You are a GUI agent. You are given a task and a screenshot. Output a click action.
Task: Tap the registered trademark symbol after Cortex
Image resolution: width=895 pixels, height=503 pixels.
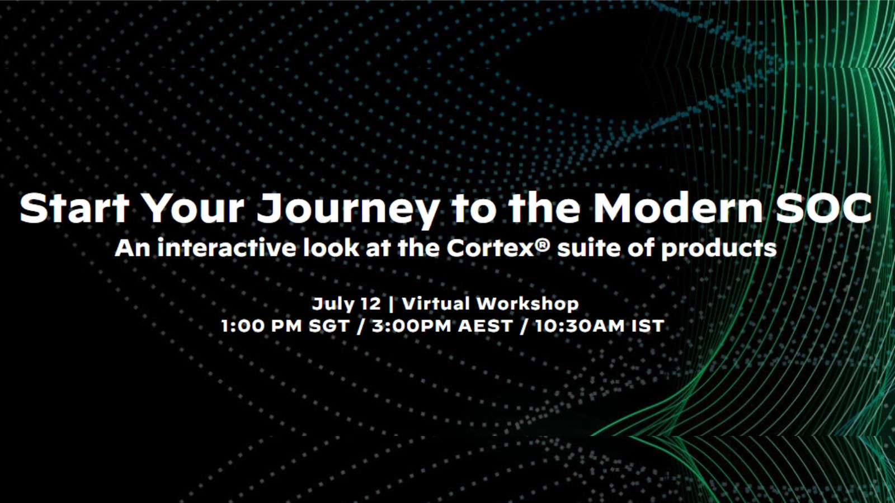(543, 244)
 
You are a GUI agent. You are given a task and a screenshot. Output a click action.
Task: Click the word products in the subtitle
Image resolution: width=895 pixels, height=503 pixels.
(719, 249)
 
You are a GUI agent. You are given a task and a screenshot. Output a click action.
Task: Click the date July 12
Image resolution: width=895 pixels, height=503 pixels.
(346, 304)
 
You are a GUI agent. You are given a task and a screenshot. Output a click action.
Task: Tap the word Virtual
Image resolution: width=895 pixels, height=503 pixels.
(436, 304)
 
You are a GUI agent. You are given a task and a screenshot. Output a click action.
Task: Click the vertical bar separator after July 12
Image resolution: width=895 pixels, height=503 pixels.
(391, 304)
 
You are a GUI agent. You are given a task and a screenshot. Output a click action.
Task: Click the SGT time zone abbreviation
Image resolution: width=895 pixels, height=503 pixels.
(329, 326)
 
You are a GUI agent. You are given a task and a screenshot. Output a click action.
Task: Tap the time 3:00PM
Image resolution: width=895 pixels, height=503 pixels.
(412, 326)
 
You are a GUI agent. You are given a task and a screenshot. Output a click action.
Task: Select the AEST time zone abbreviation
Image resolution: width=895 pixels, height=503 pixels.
(485, 326)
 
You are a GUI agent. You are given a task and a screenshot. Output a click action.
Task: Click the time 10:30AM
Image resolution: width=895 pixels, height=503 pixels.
(580, 326)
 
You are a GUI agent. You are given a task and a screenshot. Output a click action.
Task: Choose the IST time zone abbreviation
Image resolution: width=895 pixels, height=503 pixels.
(648, 326)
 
